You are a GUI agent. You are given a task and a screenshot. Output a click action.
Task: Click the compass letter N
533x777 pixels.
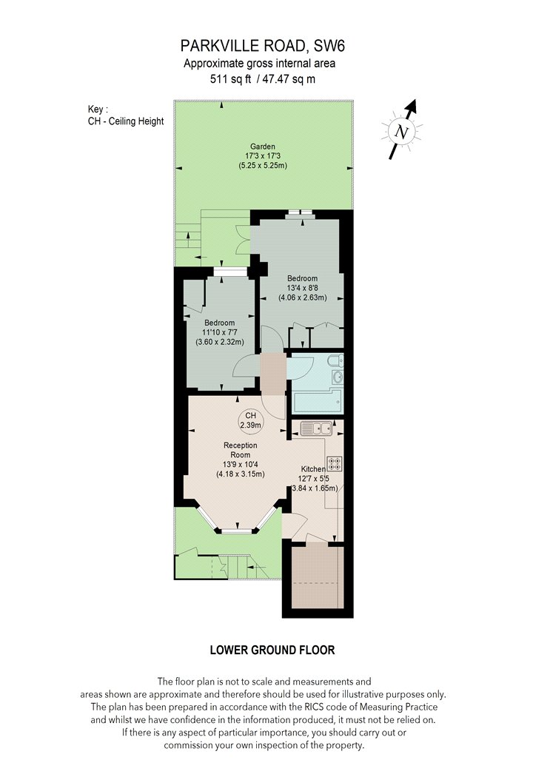click(402, 132)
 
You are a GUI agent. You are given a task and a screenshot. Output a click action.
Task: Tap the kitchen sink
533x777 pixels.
click(315, 428)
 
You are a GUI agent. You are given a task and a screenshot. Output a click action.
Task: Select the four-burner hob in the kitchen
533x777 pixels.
click(334, 463)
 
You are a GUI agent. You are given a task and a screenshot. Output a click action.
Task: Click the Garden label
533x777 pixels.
click(262, 147)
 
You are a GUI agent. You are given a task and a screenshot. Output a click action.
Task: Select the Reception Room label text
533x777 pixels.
click(241, 450)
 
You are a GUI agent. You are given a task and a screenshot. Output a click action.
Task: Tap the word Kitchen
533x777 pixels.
click(313, 469)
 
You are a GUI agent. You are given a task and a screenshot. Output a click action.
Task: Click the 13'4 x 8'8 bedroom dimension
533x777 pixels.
click(303, 288)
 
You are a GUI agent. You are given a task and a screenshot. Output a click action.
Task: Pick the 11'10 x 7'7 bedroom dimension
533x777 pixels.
click(219, 332)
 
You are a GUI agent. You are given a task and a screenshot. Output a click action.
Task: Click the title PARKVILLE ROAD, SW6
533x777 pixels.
click(262, 46)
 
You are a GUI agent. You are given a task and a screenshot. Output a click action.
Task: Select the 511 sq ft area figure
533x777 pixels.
click(231, 78)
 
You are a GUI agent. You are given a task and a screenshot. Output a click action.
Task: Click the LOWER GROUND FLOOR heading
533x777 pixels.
click(272, 650)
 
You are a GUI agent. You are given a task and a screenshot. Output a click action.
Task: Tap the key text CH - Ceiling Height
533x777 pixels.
click(125, 121)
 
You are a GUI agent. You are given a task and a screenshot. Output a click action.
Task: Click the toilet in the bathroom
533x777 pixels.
click(338, 360)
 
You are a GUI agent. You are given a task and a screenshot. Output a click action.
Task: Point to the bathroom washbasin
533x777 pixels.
click(338, 377)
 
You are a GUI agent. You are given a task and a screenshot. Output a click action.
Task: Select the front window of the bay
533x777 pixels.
click(236, 531)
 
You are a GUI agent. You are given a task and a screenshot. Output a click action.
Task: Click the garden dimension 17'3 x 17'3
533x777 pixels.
click(262, 156)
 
